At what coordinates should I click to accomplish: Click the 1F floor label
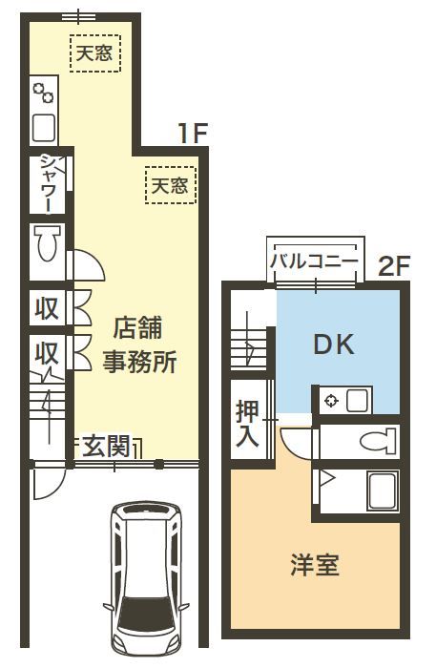194,133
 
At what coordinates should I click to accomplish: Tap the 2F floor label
394,266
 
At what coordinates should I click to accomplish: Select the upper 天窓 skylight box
95,53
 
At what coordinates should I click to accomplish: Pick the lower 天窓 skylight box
171,185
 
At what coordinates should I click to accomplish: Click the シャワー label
48,183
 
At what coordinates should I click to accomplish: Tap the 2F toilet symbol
378,441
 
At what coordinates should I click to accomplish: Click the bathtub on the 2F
384,491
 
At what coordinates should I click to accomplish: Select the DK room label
334,344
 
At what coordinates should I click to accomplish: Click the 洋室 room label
315,566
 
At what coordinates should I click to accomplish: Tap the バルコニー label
314,261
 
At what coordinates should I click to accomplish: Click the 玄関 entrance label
106,446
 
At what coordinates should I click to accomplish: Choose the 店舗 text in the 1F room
138,327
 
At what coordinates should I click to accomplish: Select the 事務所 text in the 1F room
140,362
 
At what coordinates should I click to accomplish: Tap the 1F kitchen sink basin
44,128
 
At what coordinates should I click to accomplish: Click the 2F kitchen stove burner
331,401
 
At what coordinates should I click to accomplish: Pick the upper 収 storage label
47,308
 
